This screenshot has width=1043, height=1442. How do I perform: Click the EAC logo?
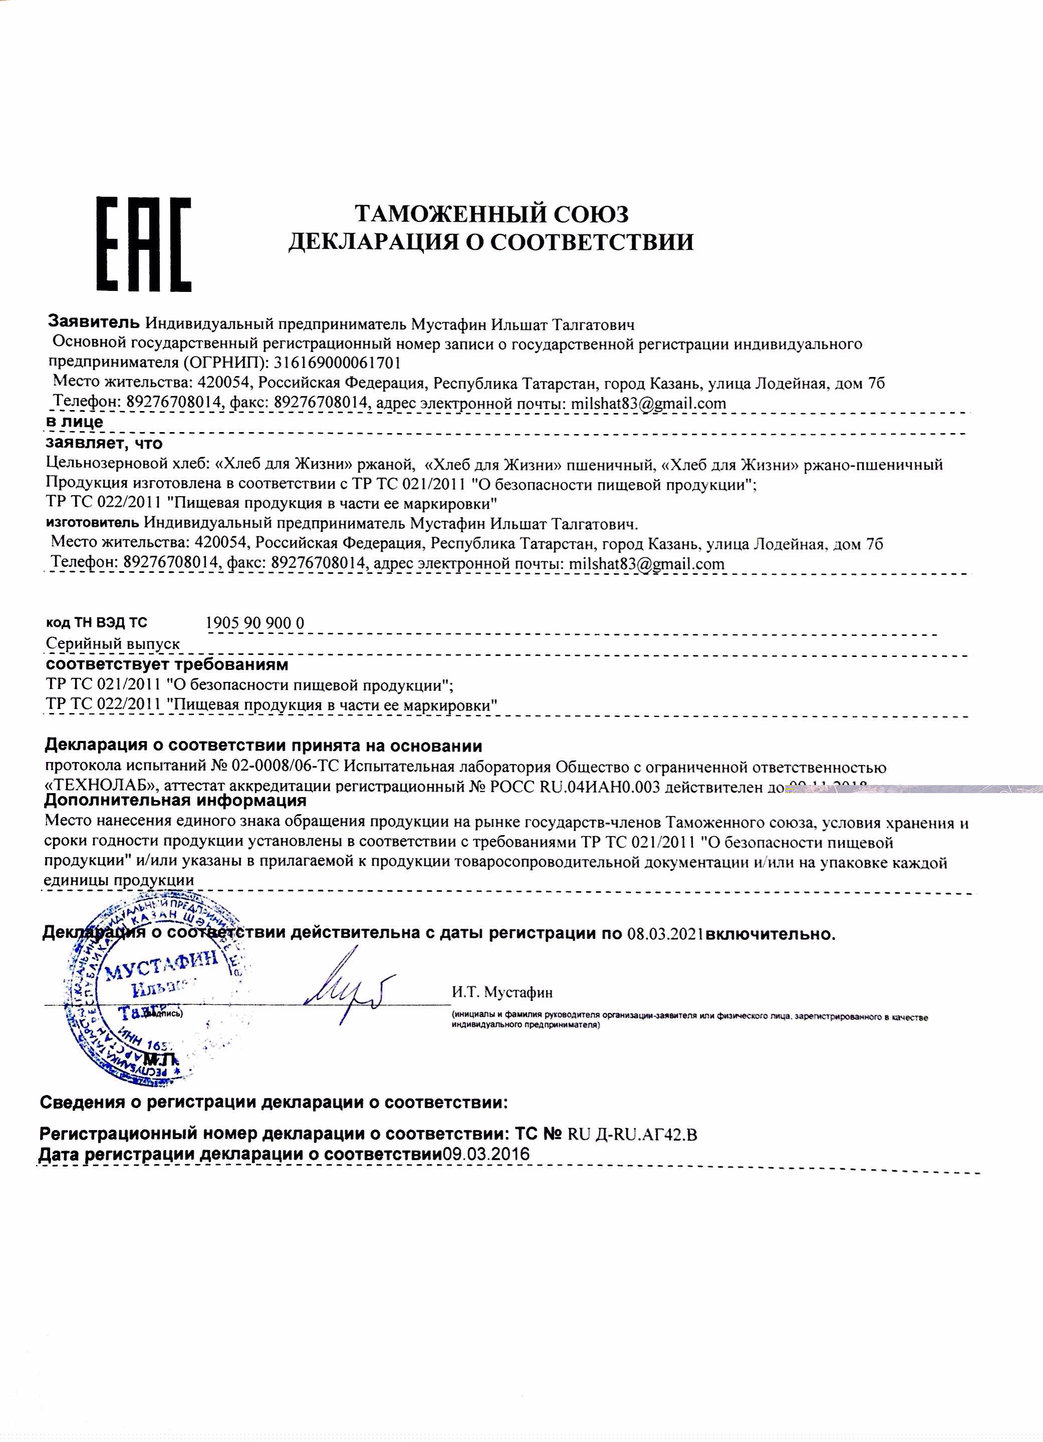pos(143,245)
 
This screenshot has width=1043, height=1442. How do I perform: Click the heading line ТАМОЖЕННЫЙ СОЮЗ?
pos(491,214)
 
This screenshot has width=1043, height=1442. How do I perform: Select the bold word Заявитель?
pos(94,322)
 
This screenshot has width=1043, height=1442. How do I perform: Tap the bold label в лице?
pos(75,422)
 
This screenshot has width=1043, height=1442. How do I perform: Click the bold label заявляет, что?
pos(104,443)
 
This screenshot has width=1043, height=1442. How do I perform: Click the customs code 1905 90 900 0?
pos(254,622)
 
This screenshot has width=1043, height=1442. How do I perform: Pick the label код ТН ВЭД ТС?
pos(96,622)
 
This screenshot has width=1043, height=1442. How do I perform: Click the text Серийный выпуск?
pos(113,643)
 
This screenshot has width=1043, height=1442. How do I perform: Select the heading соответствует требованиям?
pos(167,664)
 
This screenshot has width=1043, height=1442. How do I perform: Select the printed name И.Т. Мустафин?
pos(502,992)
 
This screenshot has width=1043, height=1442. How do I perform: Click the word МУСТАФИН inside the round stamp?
pos(161,966)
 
